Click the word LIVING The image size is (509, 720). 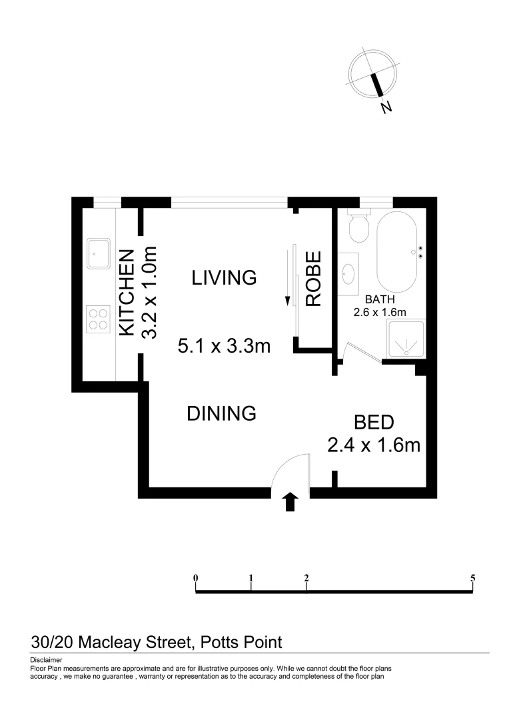[224, 277]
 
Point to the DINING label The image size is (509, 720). [221, 413]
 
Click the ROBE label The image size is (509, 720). [313, 279]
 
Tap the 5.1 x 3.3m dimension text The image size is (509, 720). [224, 346]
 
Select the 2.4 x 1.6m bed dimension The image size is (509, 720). [374, 445]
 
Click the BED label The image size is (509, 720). [374, 422]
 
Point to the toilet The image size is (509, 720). [359, 227]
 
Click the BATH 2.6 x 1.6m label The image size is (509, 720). [380, 306]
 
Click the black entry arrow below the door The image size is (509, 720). [290, 502]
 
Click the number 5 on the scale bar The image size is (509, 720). [472, 578]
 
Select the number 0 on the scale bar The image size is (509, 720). [196, 578]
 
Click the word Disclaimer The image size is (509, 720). [46, 659]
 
